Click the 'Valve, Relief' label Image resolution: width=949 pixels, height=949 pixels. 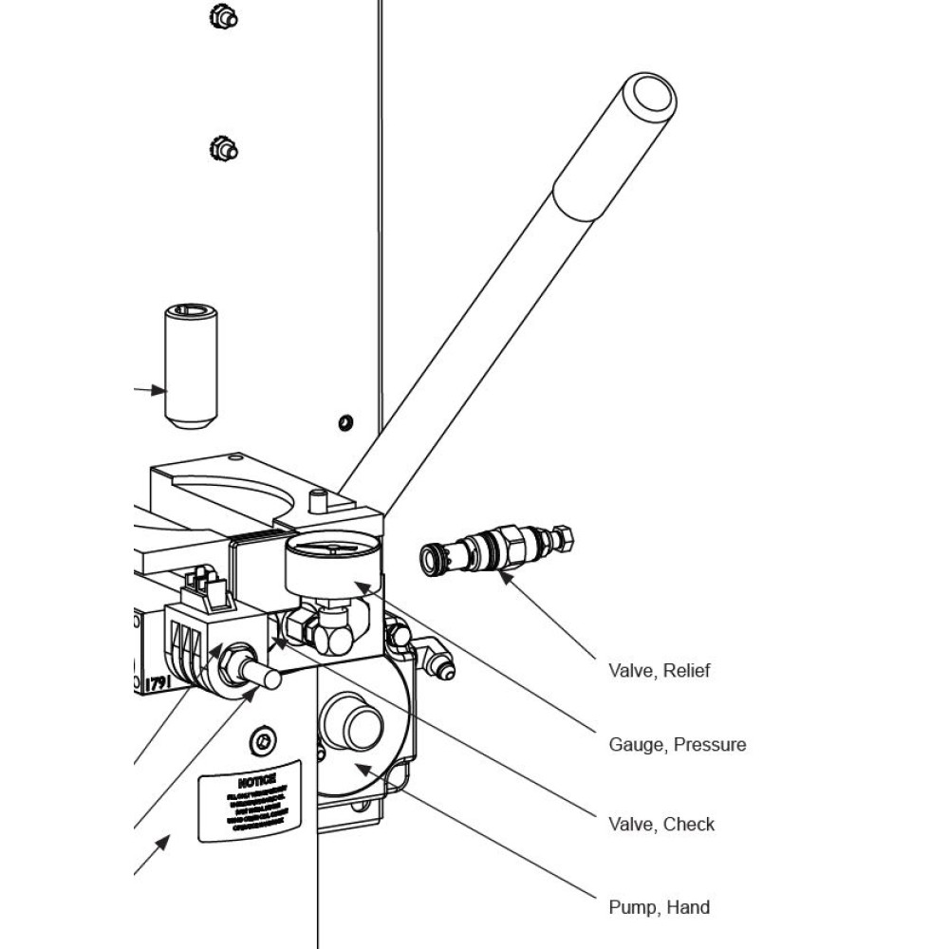(659, 671)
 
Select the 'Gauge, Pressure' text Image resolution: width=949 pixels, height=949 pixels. (677, 745)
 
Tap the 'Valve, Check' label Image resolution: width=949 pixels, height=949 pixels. (661, 824)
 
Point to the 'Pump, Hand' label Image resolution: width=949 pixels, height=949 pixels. (659, 907)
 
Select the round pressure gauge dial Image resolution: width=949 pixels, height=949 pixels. (333, 562)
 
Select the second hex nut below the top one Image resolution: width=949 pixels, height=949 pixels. (223, 149)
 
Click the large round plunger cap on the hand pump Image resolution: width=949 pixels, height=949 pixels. (353, 724)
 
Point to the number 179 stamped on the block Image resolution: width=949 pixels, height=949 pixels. (157, 682)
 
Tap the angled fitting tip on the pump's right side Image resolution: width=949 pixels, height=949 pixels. (442, 669)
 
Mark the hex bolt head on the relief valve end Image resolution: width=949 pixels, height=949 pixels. (562, 538)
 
